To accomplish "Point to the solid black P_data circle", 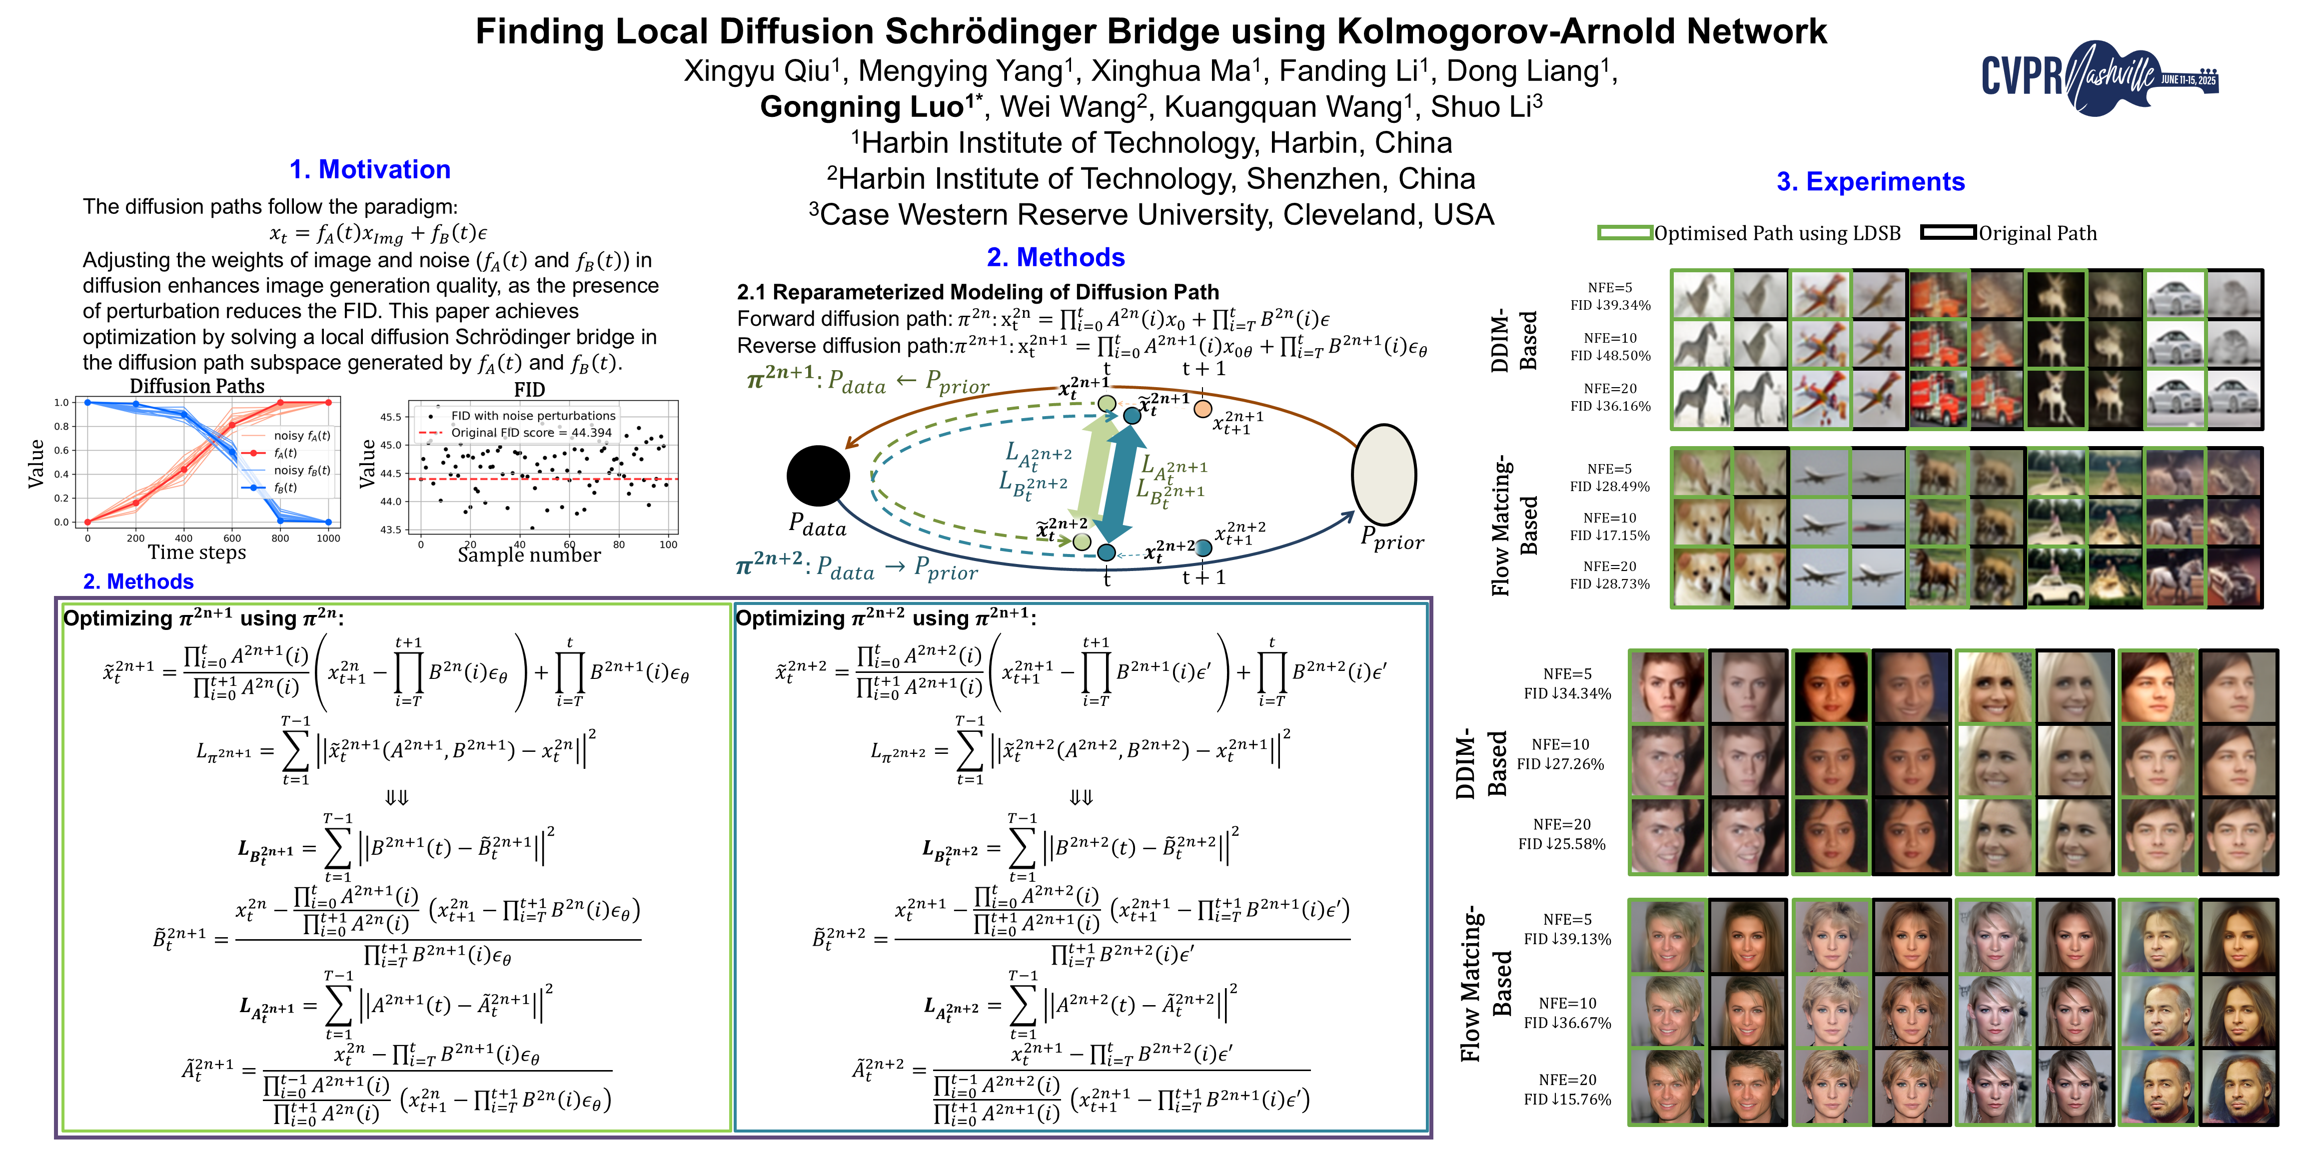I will tap(817, 476).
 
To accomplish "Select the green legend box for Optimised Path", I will tap(1624, 233).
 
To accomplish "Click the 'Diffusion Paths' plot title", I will tap(197, 386).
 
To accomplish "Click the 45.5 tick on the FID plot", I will tap(391, 417).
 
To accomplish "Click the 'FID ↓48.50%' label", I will tap(1610, 356).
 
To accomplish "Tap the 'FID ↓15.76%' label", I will tap(1567, 1099).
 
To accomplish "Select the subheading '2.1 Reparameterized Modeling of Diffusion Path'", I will tap(977, 292).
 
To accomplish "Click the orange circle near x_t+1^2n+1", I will tap(1202, 408).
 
